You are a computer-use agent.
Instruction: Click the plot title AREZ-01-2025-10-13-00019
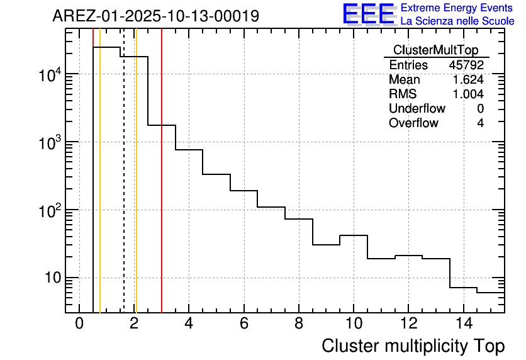pyautogui.click(x=155, y=16)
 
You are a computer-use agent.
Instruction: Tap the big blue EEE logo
pyautogui.click(x=368, y=14)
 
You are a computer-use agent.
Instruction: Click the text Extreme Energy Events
pyautogui.click(x=457, y=8)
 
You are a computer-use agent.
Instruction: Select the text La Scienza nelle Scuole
pyautogui.click(x=457, y=21)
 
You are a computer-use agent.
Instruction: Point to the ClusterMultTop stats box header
pyautogui.click(x=435, y=50)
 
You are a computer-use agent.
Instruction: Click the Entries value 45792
pyautogui.click(x=466, y=65)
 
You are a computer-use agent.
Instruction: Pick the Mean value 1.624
pyautogui.click(x=468, y=80)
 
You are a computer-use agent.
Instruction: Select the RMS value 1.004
pyautogui.click(x=468, y=94)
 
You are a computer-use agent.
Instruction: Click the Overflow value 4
pyautogui.click(x=480, y=123)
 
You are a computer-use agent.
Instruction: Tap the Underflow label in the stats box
pyautogui.click(x=417, y=108)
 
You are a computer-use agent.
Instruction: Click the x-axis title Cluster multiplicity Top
pyautogui.click(x=413, y=346)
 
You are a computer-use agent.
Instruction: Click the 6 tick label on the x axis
pyautogui.click(x=243, y=325)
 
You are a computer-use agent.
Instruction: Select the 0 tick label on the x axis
pyautogui.click(x=79, y=325)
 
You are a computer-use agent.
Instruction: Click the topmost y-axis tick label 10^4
pyautogui.click(x=49, y=75)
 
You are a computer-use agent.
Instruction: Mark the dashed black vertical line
pyautogui.click(x=124, y=189)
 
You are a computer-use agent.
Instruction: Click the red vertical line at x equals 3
pyautogui.click(x=162, y=189)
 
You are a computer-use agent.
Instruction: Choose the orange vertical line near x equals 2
pyautogui.click(x=136, y=189)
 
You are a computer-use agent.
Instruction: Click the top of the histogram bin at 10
pyautogui.click(x=353, y=235)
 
